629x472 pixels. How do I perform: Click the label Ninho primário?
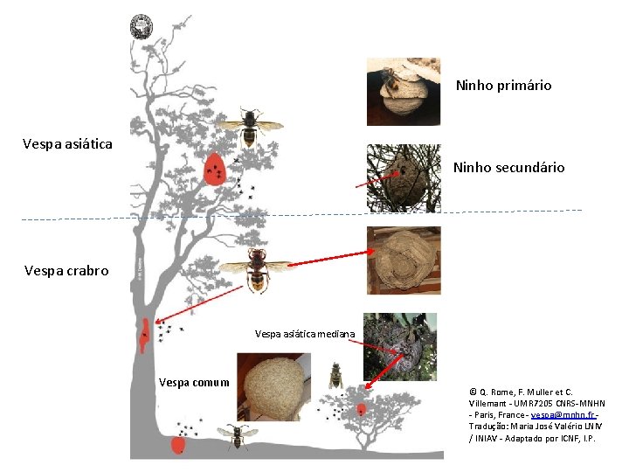tap(503, 86)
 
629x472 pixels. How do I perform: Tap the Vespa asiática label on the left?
tap(67, 143)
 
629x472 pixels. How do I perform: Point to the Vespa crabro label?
tap(66, 271)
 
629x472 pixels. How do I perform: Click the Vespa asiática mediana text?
tap(304, 334)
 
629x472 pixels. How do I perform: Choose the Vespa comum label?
tap(194, 382)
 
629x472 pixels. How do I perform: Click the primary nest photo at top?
tap(403, 92)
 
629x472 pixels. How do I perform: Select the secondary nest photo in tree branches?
tap(403, 178)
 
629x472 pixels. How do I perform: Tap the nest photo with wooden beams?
tap(403, 260)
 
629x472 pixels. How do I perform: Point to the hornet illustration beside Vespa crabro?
tap(257, 268)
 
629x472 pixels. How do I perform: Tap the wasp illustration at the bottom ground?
tap(235, 436)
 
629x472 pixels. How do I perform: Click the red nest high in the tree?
tap(214, 170)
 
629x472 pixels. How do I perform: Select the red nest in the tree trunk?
tap(144, 333)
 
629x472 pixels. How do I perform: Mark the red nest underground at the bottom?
tap(178, 446)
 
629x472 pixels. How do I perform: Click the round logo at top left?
tap(141, 26)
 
